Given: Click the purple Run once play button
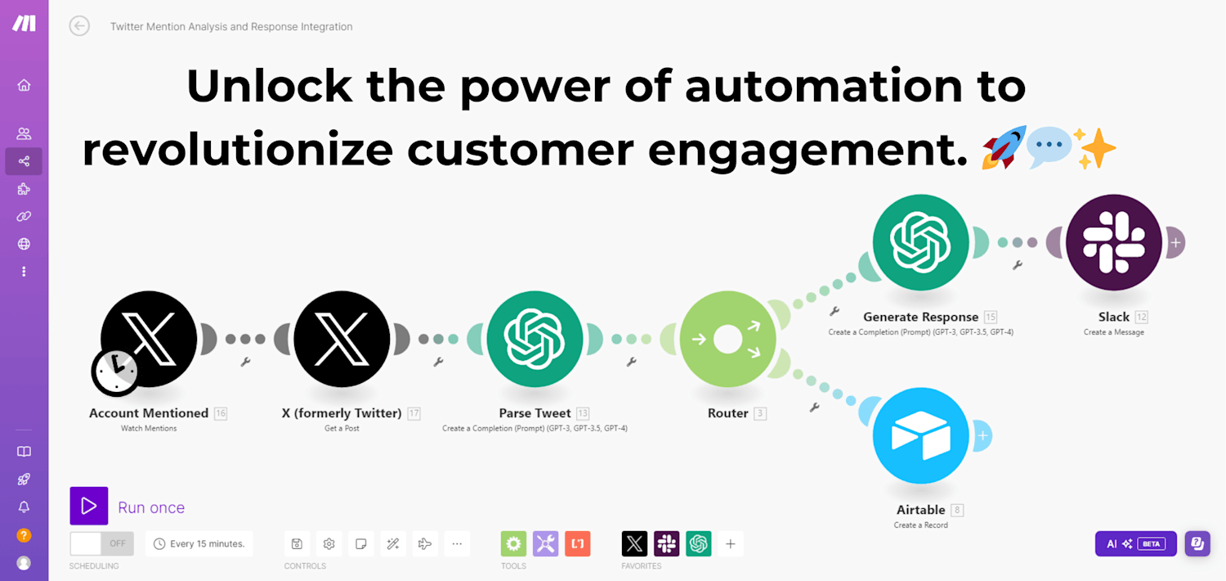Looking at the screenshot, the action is [x=88, y=506].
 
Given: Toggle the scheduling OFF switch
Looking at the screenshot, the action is [x=102, y=543].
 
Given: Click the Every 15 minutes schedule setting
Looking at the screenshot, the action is [x=199, y=543].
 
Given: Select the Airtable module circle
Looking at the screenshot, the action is [x=920, y=435].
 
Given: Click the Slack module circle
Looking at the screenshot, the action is [x=1114, y=242].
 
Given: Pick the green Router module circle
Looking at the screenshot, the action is [x=727, y=340].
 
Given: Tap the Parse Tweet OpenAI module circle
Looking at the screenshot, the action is [x=535, y=340].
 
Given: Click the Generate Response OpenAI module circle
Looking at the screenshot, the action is [x=920, y=242].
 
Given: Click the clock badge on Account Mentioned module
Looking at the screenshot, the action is [x=115, y=372].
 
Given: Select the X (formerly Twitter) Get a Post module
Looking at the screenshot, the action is [x=342, y=340].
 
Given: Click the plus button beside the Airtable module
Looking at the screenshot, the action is [x=983, y=435].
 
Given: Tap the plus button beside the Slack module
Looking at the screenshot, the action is [x=1175, y=242].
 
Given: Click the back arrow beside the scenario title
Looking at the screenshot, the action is [x=79, y=25].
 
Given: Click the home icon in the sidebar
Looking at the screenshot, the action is [x=24, y=85].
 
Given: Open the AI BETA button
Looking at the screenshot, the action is [x=1136, y=543].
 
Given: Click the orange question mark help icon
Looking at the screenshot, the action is [x=24, y=535].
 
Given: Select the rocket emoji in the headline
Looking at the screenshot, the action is [x=1003, y=147].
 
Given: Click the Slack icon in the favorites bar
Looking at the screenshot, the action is [x=666, y=543].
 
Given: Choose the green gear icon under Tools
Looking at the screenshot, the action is [x=513, y=543].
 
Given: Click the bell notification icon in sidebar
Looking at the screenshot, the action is [x=24, y=507].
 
